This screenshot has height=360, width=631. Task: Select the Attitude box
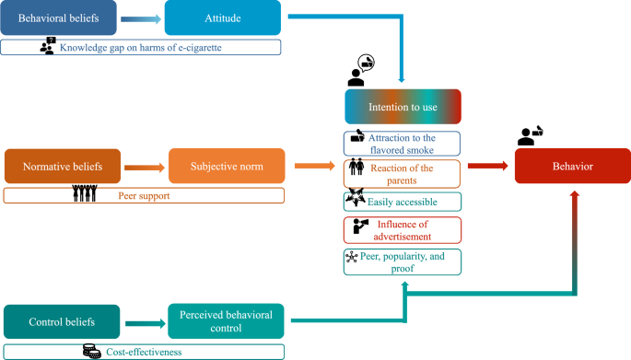[x=224, y=18]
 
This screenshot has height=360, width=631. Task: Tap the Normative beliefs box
[x=62, y=167]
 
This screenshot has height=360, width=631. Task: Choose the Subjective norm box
[x=227, y=167]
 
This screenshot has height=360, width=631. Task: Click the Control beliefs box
[x=61, y=322]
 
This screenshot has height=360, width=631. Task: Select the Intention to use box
[x=403, y=107]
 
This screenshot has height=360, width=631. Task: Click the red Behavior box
[x=573, y=167]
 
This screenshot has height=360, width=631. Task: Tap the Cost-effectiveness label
[x=143, y=351]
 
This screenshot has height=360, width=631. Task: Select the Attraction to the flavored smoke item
[x=403, y=142]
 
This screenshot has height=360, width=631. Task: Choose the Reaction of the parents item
[x=403, y=172]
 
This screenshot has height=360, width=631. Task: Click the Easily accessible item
[x=403, y=201]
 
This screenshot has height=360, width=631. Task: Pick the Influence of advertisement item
[x=403, y=230]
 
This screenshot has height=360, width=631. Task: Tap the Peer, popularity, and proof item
[x=403, y=261]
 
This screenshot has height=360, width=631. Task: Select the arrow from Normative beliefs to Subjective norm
[x=144, y=167]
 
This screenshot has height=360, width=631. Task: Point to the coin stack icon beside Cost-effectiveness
[x=92, y=350]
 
